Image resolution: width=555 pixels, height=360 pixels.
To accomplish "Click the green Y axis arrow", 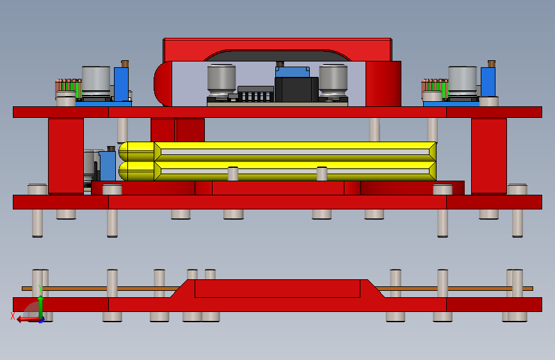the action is (40, 307).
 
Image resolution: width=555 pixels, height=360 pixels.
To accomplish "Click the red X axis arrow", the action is (28, 320).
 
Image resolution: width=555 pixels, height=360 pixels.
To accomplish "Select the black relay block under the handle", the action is (296, 89).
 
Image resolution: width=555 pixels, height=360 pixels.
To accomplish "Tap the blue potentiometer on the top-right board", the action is (488, 82).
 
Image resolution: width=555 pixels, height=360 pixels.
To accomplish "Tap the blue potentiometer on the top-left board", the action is (121, 85).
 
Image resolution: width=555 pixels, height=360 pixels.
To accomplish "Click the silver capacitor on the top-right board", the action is (462, 81).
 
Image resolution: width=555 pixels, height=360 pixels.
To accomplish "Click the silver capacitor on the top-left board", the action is (96, 81).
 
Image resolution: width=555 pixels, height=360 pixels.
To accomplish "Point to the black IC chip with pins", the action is (255, 94).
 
